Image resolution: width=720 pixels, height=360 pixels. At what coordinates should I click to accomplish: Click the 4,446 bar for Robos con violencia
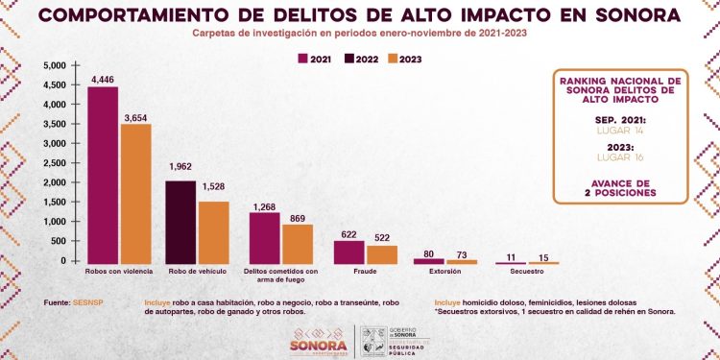click(x=103, y=174)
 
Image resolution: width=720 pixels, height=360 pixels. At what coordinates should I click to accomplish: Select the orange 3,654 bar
click(x=135, y=192)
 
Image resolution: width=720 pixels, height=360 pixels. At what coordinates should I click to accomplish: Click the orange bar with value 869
click(x=299, y=243)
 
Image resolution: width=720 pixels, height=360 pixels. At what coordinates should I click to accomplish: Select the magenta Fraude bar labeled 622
click(x=349, y=251)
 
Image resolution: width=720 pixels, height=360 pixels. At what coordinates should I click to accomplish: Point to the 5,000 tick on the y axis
click(x=53, y=65)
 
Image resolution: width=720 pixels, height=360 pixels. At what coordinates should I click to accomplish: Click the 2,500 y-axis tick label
click(x=53, y=163)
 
